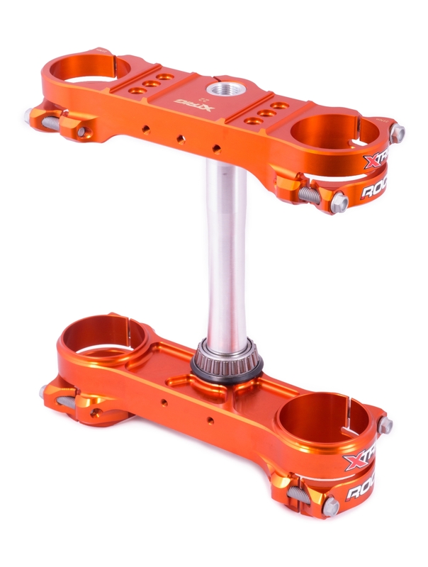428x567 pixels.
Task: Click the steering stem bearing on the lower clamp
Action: tap(227, 359)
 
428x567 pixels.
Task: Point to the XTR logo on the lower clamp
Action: tap(361, 461)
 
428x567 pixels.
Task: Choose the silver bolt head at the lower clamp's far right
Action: tap(386, 426)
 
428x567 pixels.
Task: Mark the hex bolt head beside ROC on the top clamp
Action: tap(339, 203)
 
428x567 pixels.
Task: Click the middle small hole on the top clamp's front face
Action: tap(181, 139)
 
